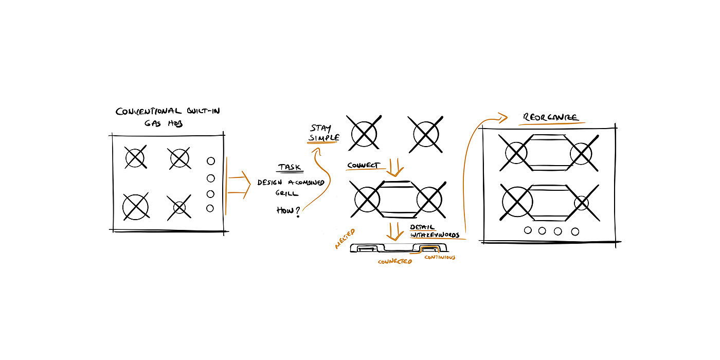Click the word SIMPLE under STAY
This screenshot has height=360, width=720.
click(324, 138)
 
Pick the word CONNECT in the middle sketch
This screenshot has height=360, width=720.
click(363, 166)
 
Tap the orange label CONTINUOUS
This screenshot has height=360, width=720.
click(440, 257)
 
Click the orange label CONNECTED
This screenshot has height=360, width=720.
click(395, 262)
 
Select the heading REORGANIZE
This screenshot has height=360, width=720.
click(552, 117)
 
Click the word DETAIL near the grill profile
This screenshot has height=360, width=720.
click(422, 227)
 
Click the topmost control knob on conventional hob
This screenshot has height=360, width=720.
click(210, 161)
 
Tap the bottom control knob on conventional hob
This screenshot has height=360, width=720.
click(210, 208)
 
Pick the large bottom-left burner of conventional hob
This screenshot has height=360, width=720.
click(135, 207)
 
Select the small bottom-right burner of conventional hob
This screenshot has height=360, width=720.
click(179, 208)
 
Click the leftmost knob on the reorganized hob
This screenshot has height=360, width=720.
click(528, 230)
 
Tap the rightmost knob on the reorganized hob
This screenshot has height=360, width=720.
click(575, 231)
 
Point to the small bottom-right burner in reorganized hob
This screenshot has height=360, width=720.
click(581, 203)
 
